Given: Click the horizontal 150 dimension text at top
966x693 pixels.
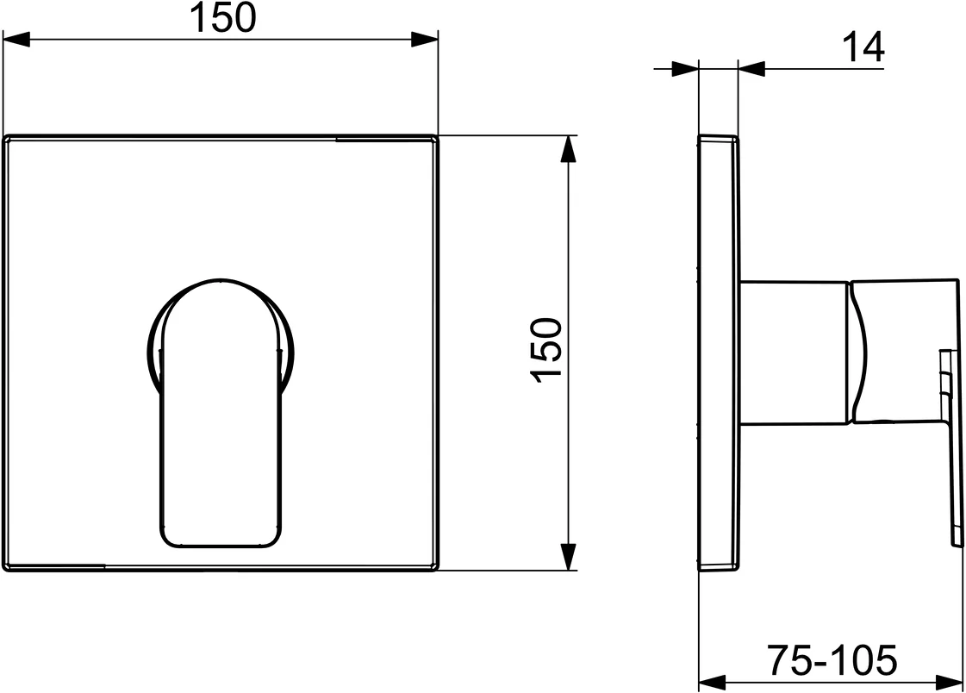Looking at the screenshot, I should (x=222, y=18).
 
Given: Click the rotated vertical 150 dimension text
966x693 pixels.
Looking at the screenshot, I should (x=546, y=351).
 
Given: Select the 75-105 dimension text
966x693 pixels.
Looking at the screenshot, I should (x=832, y=661).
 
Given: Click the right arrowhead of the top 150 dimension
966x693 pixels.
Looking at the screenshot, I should (x=424, y=39).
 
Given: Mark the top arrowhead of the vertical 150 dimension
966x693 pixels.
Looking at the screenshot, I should (x=568, y=149).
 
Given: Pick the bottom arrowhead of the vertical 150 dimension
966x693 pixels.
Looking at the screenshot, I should (x=568, y=556).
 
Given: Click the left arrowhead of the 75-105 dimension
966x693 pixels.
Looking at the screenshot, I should (x=711, y=679).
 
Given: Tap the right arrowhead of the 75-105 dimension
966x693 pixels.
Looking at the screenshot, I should (x=945, y=679).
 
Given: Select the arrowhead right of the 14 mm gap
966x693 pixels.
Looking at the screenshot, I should (x=751, y=68).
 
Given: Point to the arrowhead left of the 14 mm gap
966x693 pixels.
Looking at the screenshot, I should (x=684, y=68).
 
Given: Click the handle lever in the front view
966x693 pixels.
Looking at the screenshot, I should (x=221, y=431).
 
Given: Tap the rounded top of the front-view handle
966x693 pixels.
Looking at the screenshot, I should (x=221, y=289).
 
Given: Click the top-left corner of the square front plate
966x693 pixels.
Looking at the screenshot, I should (x=6, y=138).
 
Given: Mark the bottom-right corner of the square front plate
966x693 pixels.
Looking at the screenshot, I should (x=435, y=567).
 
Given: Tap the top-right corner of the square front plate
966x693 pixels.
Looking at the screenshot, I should (x=435, y=138).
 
